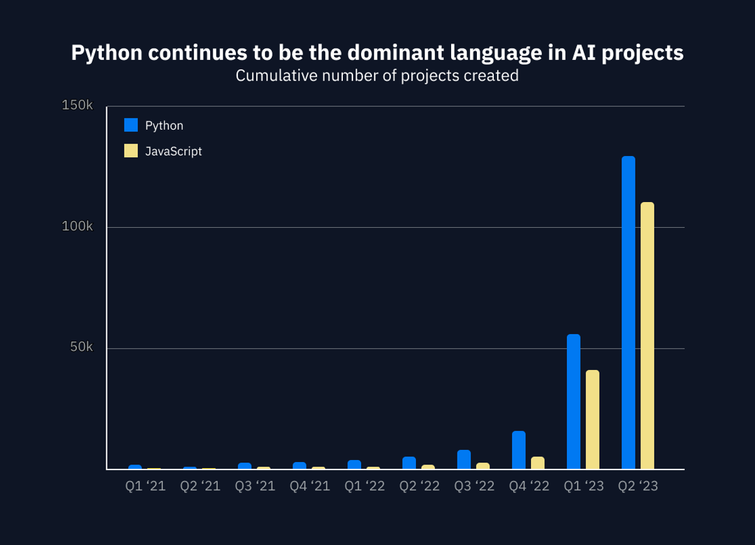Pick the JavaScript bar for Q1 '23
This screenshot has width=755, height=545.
click(593, 420)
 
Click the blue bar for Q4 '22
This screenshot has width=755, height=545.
click(518, 450)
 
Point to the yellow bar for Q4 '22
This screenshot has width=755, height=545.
click(538, 463)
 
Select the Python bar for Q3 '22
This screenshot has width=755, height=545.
click(464, 459)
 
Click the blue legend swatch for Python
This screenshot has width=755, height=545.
click(131, 125)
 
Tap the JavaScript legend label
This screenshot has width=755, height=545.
click(174, 151)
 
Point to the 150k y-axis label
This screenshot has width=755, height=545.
click(77, 106)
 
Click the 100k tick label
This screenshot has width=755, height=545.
click(77, 227)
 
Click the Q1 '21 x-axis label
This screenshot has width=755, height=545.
click(145, 486)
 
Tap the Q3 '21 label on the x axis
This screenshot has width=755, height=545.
click(255, 486)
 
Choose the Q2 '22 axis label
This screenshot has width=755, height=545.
click(420, 486)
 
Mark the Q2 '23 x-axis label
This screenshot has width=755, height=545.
click(638, 486)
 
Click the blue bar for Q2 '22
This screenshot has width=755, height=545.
click(409, 463)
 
